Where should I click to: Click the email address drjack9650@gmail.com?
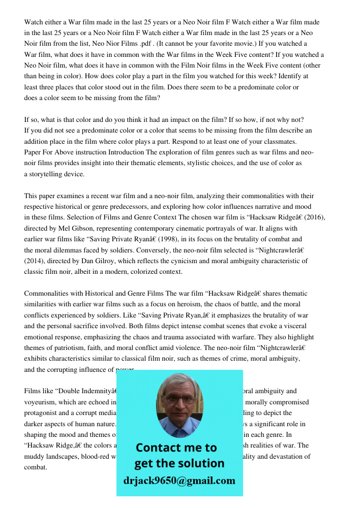click(179, 481)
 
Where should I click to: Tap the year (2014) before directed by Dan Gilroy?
click(35, 261)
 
